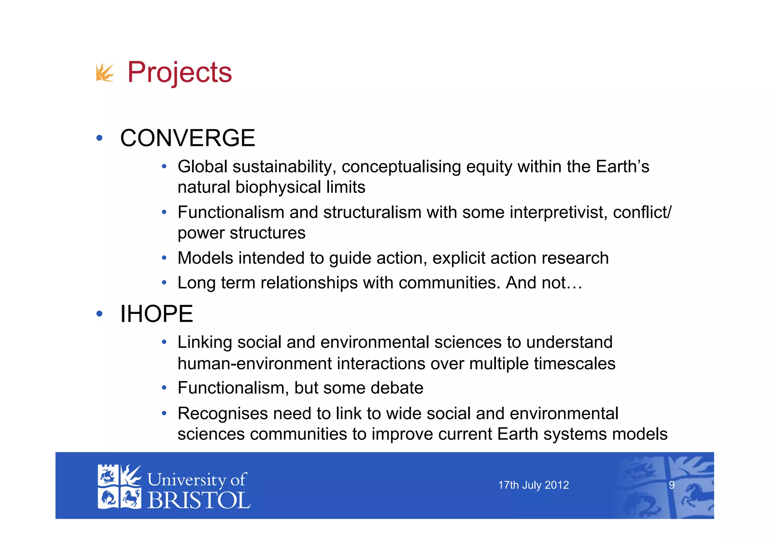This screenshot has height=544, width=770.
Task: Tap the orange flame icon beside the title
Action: [x=105, y=72]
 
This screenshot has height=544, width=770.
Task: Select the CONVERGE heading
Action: [x=188, y=138]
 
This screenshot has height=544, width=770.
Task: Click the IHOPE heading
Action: [x=156, y=314]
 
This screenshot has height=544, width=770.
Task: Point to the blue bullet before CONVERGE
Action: [x=99, y=138]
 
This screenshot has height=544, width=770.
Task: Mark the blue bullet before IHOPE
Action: [x=99, y=314]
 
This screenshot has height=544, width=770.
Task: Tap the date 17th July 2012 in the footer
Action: [x=533, y=485]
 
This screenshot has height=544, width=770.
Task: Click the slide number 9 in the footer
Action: [x=671, y=485]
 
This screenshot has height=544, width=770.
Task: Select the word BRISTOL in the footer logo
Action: [x=199, y=500]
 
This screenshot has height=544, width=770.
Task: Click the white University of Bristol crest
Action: [x=119, y=487]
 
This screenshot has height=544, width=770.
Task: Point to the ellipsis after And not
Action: [x=574, y=283]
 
